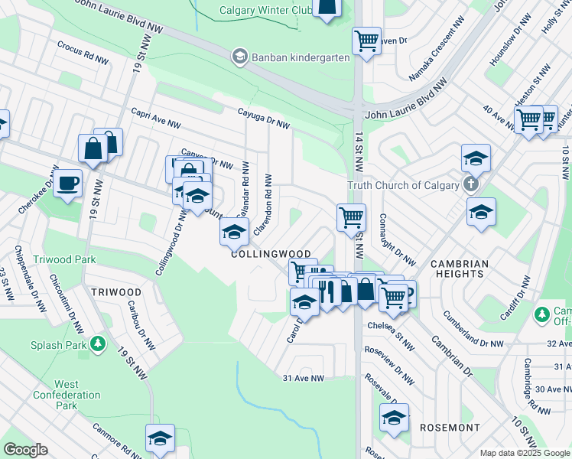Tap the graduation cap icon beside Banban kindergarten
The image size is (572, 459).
[240, 57]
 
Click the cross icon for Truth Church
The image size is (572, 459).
[470, 184]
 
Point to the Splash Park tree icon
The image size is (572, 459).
[98, 344]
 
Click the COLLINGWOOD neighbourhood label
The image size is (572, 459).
[271, 254]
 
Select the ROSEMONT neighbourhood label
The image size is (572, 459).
[450, 427]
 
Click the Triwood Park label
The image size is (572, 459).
[65, 259]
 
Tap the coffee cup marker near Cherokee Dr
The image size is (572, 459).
[68, 183]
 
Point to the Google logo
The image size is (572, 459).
[25, 450]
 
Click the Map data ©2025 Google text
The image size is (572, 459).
[524, 453]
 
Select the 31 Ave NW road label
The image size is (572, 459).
[304, 378]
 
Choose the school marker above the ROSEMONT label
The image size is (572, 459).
[394, 418]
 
